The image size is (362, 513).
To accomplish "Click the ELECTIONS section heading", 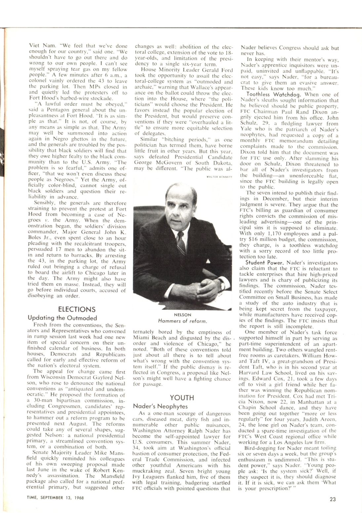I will pos(77,309).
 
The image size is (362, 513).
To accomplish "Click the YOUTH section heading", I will pos(182,397).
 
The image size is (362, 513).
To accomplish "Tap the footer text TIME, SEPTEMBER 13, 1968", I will pos(55,497).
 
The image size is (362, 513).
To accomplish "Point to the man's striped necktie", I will pos(181,245).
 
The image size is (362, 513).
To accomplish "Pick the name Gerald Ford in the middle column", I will pos(221,70).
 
